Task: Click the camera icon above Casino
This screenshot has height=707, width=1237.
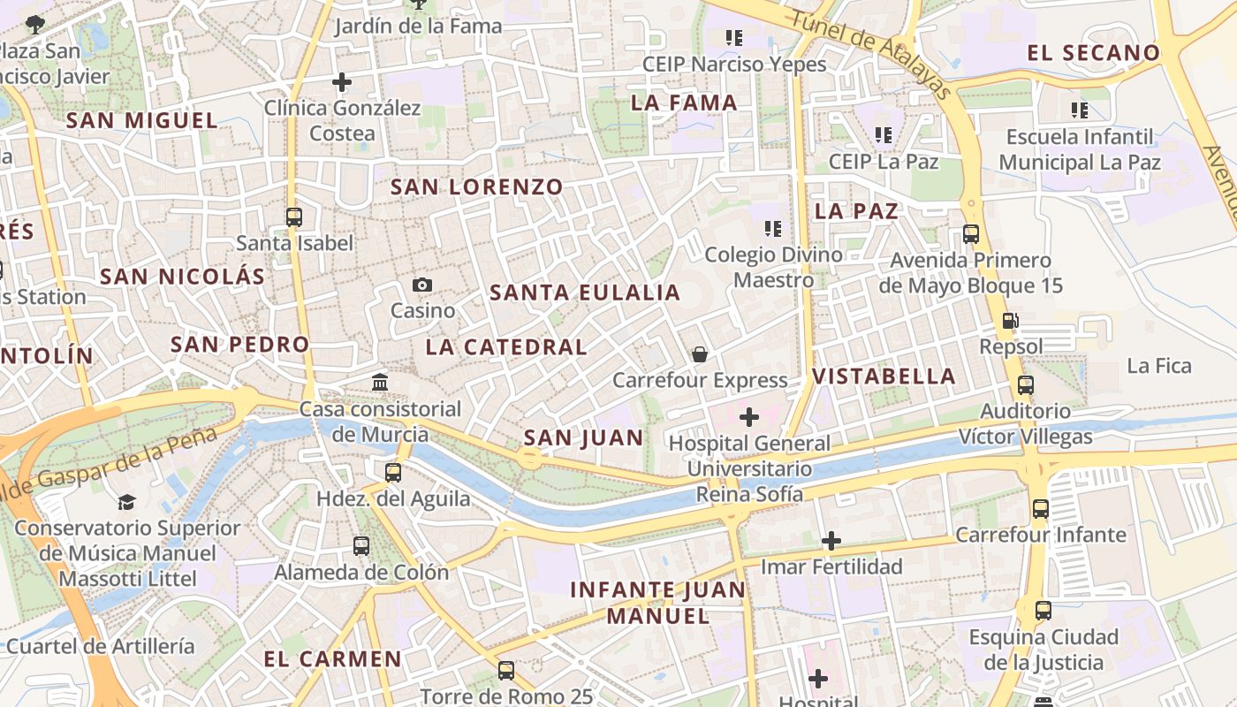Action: coord(422,285)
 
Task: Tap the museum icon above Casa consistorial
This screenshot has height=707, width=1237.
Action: coord(381,383)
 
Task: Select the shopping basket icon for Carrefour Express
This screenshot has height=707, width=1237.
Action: coord(700,354)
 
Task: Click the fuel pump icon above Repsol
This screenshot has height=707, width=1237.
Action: coord(1011,321)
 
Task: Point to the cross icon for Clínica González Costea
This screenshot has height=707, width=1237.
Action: coord(342,83)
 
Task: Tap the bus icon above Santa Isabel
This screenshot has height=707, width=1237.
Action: coord(294,217)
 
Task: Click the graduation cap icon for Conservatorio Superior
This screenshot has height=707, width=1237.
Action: coord(127,502)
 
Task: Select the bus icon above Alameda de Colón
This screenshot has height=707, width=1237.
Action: coord(361,545)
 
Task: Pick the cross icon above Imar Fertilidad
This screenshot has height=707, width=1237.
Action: coord(831,540)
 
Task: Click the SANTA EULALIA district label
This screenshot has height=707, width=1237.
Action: coord(585,293)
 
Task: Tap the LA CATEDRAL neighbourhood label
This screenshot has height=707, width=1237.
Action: coord(506,347)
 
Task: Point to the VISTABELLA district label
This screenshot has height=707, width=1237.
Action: coord(884,376)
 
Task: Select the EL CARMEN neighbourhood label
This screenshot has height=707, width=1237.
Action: coord(332,659)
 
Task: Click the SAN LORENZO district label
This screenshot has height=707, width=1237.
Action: coord(476,187)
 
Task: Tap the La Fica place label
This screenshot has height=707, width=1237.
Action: coord(1159,366)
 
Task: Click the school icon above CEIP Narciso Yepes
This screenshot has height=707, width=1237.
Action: coord(733,37)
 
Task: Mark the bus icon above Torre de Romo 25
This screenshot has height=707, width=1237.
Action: coord(506,670)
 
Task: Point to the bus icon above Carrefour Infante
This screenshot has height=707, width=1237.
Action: coord(1041,509)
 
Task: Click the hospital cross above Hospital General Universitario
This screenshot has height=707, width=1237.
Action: coord(749,417)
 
